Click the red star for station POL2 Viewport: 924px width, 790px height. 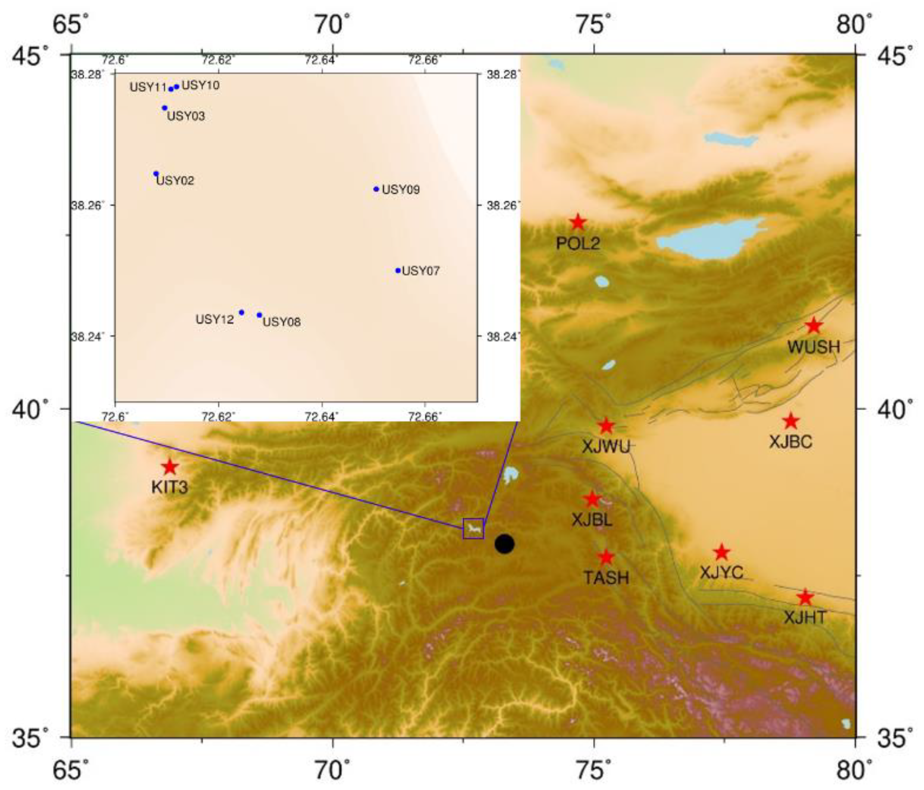(x=578, y=222)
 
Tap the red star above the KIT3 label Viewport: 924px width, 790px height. (x=170, y=467)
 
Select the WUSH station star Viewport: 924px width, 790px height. (x=814, y=326)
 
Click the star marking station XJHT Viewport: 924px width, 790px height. (x=805, y=597)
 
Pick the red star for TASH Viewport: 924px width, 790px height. (x=606, y=557)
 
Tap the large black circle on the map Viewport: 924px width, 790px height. (x=504, y=544)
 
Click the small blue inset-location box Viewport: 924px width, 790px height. (x=473, y=529)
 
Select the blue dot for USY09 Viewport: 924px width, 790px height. (x=376, y=189)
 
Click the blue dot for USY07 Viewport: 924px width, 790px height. (x=398, y=271)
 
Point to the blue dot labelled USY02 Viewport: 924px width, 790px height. (x=156, y=173)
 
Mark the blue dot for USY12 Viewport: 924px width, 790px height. (x=242, y=312)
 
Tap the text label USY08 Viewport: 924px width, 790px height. (x=282, y=322)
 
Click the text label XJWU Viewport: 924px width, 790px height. (x=606, y=447)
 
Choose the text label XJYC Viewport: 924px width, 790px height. (x=721, y=573)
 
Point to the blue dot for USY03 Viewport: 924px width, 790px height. (x=165, y=108)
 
